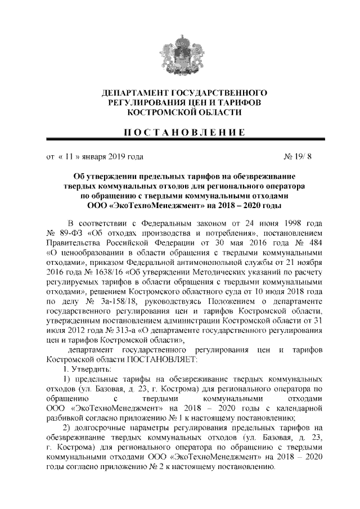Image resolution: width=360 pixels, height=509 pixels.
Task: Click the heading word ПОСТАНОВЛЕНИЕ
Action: click(x=179, y=133)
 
